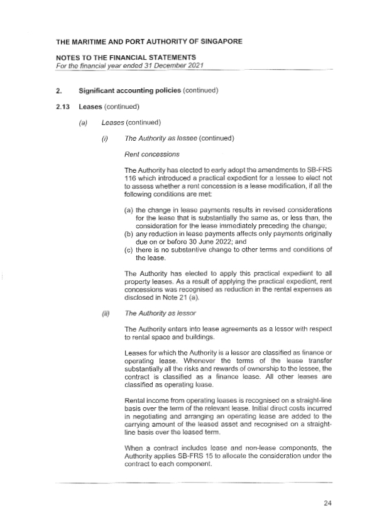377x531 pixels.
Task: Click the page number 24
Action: (327, 503)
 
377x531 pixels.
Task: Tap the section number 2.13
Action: (63, 106)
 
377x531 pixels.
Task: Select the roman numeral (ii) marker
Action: (105, 312)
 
